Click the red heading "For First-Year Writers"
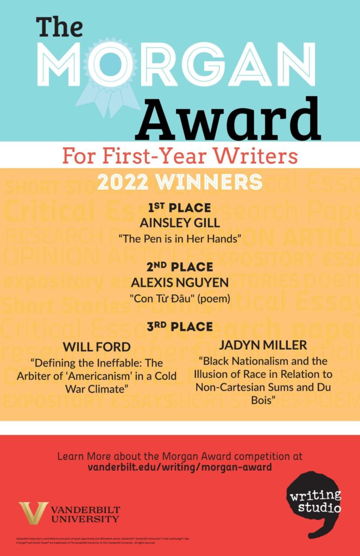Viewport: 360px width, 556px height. [180, 156]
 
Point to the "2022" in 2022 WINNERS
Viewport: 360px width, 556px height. [122, 182]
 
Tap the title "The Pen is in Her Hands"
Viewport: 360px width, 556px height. [179, 237]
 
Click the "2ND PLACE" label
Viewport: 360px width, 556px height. [179, 268]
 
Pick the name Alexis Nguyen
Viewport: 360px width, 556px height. [179, 283]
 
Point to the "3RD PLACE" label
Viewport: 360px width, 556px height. [179, 327]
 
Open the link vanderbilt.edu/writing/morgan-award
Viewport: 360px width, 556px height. [180, 467]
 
